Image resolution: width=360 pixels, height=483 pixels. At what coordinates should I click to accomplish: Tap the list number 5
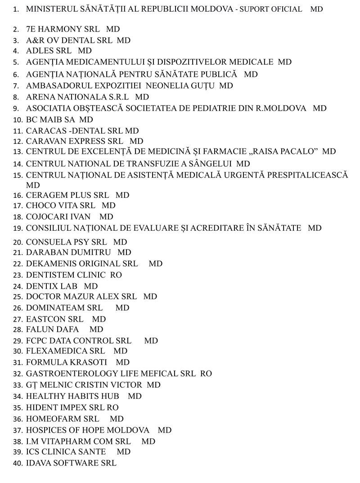(16, 63)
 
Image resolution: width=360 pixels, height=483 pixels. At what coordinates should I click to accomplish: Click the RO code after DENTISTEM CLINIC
(116, 275)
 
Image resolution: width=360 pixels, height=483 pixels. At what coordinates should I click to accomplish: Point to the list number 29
(18, 341)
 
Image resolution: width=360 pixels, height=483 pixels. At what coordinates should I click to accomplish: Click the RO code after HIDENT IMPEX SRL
(112, 407)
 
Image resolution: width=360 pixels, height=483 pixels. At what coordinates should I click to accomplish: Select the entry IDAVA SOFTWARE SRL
(71, 463)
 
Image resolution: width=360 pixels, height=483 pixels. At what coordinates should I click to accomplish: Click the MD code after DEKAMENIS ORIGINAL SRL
(155, 264)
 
